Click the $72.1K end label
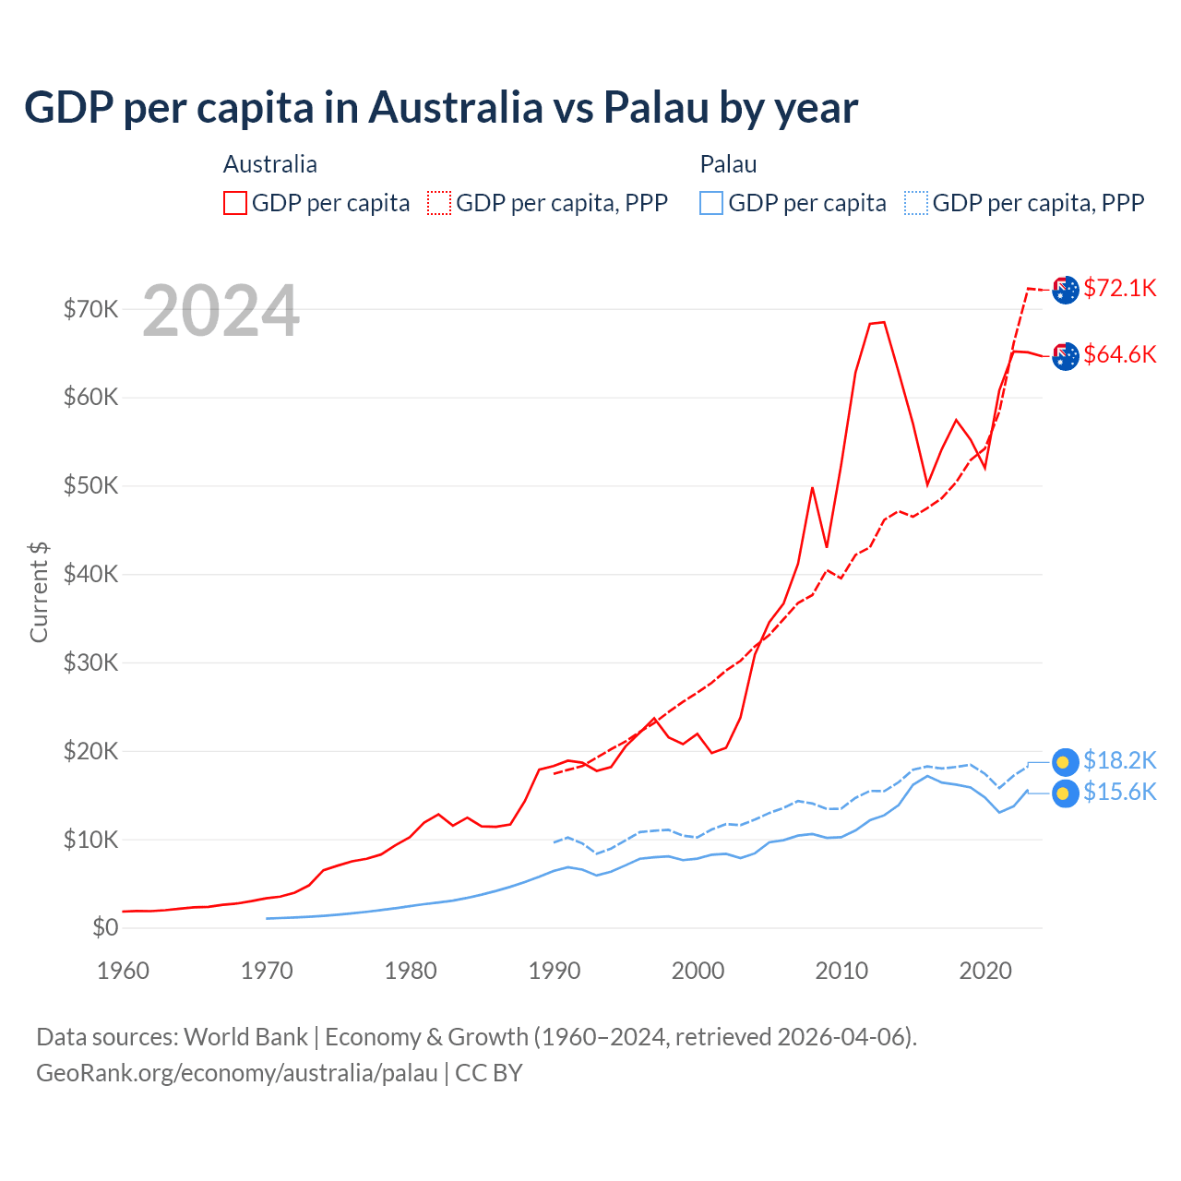pos(1119,288)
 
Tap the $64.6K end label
pos(1119,354)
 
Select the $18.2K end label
pos(1119,760)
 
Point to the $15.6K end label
pos(1119,792)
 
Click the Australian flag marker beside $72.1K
pos(1065,290)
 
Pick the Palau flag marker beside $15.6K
pos(1065,793)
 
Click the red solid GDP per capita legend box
pos(235,203)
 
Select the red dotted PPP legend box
pos(439,203)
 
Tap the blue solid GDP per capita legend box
pos(711,203)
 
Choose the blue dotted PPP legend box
pos(916,203)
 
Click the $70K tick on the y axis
pos(90,309)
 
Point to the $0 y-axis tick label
pos(105,927)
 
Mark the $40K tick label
pos(90,574)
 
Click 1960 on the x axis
pos(123,971)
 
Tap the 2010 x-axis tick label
pos(841,971)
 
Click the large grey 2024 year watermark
pos(221,311)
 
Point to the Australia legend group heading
pos(270,164)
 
